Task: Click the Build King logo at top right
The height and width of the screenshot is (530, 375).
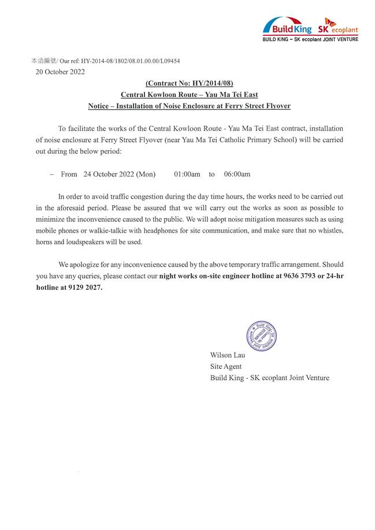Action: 287,27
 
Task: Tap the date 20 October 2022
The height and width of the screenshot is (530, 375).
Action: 60,72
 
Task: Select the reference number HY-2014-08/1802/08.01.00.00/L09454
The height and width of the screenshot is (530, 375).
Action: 131,61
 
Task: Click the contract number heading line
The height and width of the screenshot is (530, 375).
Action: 189,84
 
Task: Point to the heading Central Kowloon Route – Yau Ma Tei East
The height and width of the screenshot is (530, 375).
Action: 189,95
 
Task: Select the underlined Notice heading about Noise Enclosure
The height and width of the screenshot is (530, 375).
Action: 189,106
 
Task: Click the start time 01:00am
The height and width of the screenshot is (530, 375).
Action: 187,174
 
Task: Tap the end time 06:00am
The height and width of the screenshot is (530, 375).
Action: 237,174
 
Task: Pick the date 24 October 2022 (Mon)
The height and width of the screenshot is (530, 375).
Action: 119,174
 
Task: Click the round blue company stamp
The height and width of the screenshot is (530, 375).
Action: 261,335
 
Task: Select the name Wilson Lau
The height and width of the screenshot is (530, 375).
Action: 228,355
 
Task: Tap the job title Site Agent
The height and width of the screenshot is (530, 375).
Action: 226,367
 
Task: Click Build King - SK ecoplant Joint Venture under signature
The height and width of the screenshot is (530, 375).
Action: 270,378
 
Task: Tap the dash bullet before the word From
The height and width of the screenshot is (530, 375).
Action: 52,174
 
